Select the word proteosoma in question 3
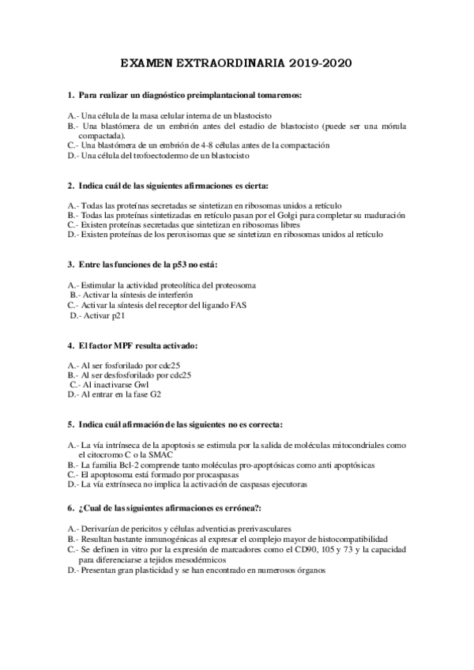(x=233, y=284)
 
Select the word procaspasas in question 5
(x=198, y=475)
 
